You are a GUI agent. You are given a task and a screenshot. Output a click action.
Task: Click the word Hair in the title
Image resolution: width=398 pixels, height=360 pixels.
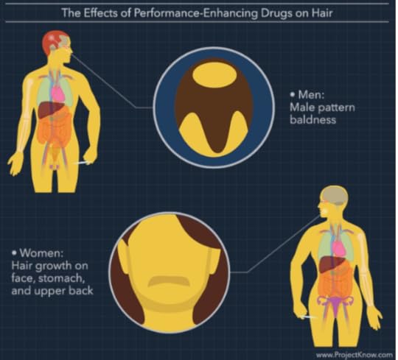tap(322, 13)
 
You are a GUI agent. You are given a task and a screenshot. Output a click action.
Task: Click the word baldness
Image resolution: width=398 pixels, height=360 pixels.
tap(313, 119)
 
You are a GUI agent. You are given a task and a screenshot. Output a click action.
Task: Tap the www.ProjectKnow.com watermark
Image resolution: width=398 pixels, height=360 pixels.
tap(354, 354)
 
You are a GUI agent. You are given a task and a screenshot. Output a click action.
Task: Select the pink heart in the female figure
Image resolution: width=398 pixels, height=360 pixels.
tap(339, 248)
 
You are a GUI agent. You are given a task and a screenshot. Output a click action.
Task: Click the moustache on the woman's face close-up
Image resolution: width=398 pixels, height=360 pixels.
tap(169, 280)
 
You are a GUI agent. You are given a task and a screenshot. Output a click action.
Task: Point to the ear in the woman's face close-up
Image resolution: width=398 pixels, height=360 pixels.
tap(124, 256)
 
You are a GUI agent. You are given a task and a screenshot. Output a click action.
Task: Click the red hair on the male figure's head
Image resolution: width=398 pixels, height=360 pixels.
tap(52, 42)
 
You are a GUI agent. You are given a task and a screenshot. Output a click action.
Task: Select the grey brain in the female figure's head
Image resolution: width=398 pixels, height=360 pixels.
tap(335, 195)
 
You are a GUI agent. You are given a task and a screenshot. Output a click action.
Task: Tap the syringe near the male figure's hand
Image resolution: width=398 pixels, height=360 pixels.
tap(82, 163)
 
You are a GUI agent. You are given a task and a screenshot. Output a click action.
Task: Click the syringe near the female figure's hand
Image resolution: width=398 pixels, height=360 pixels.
tap(308, 317)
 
